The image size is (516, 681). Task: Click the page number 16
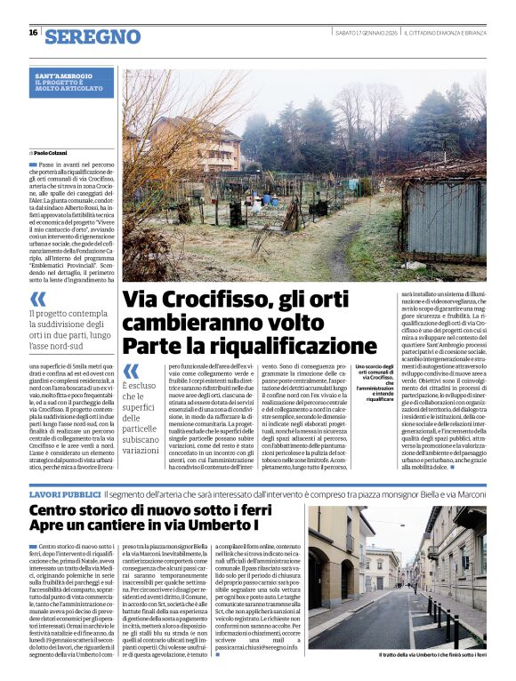point(33,33)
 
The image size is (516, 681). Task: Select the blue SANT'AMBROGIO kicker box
point(74,82)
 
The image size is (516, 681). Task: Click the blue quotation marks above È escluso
point(131,370)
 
